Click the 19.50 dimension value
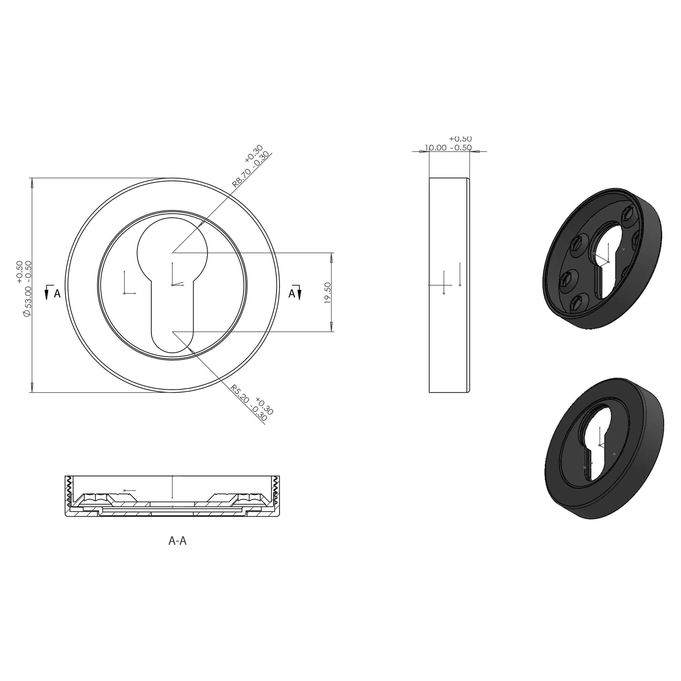point(327,293)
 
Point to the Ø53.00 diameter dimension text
point(28,301)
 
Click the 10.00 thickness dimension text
point(436,148)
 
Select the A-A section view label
point(177,541)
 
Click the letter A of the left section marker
point(57,294)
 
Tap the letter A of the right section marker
point(291,294)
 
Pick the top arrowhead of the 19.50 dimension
point(331,257)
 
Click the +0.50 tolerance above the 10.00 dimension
point(460,139)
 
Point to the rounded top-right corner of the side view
point(469,179)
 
